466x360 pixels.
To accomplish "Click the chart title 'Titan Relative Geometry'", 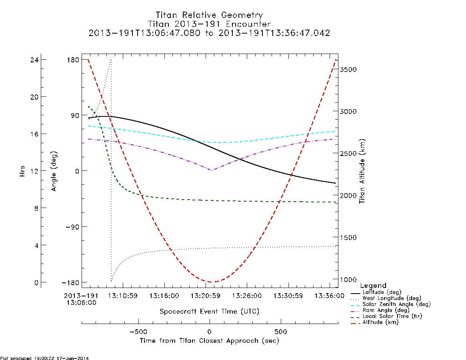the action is click(209, 15).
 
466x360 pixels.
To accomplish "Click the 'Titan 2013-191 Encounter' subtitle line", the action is click(209, 24).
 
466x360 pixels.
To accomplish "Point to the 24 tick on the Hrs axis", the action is click(34, 60).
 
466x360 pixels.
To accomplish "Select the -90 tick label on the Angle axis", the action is click(71, 226).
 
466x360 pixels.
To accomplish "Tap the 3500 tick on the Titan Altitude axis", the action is click(348, 69).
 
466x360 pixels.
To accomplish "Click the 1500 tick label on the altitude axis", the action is click(348, 238).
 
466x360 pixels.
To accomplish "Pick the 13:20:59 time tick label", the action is click(205, 296).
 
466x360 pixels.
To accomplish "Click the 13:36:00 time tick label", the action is click(330, 296).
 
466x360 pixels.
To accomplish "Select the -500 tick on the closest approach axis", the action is click(138, 332).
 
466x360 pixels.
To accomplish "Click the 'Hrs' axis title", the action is click(22, 171).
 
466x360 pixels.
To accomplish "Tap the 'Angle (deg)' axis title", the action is click(54, 171).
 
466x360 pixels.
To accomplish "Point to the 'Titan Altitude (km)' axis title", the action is click(362, 171).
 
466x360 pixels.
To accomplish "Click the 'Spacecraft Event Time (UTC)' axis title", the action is click(209, 312).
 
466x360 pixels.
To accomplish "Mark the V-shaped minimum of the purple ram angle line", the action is click(212, 170).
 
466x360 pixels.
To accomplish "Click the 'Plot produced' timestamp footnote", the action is click(44, 358).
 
